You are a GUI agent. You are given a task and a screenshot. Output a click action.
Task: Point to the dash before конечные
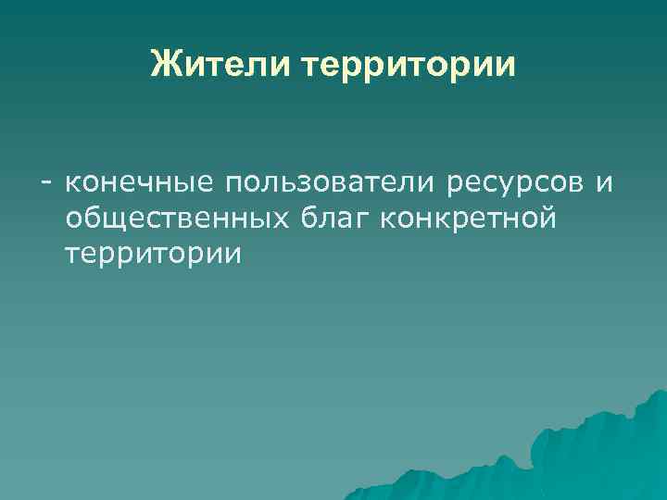[x=44, y=183]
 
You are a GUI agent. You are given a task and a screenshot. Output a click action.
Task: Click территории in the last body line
[x=153, y=254]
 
